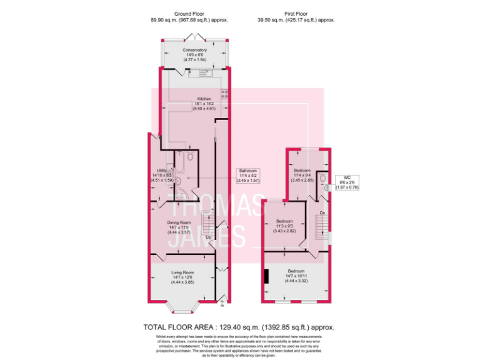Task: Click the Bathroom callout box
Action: pyautogui.click(x=248, y=175)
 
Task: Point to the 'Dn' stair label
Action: pyautogui.click(x=322, y=213)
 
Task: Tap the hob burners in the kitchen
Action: pyautogui.click(x=226, y=96)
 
